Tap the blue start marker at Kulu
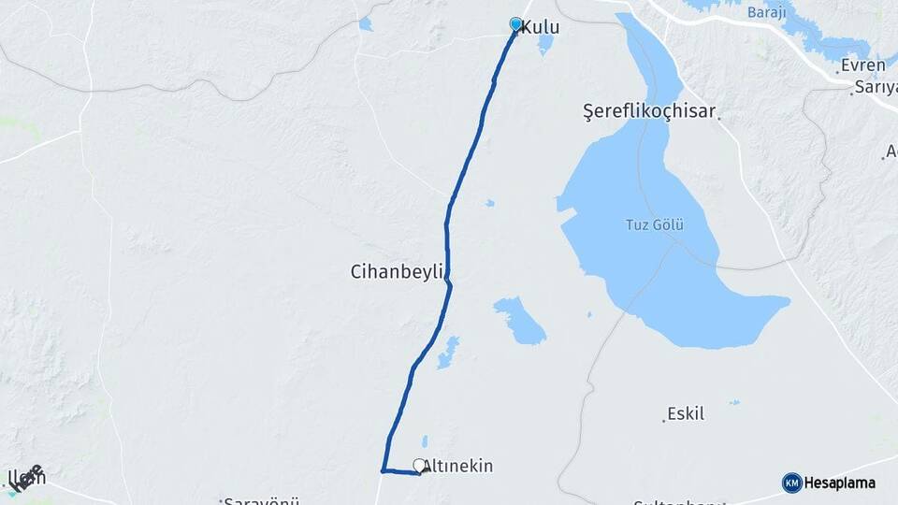click(515, 23)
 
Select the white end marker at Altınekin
click(419, 465)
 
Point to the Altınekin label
click(459, 466)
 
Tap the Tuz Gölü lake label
click(655, 224)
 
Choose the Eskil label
click(686, 413)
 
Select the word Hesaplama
click(840, 483)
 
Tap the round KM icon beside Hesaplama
click(791, 483)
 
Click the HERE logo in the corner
click(28, 476)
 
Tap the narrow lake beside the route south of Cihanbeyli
click(449, 352)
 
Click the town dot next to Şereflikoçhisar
click(719, 116)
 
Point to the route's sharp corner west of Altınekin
click(383, 470)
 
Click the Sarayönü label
click(253, 501)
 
